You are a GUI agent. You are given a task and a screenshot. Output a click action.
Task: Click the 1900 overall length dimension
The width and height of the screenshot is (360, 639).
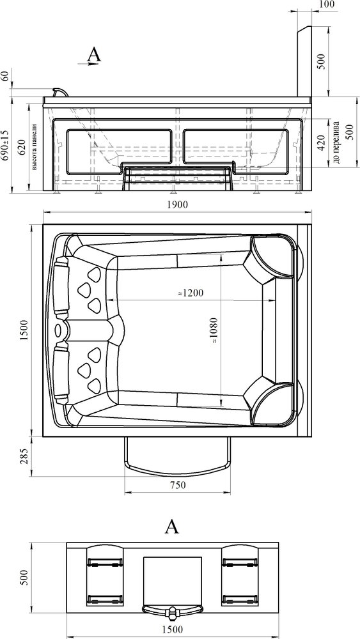(177, 204)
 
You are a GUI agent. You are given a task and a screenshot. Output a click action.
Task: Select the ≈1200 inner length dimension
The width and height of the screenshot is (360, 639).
(191, 293)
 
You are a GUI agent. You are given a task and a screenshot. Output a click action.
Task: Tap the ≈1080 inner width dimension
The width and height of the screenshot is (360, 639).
(215, 331)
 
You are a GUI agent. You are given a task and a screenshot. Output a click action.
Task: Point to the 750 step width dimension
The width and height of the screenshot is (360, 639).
(178, 485)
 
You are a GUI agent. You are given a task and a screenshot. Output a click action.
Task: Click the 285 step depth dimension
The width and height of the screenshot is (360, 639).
(24, 456)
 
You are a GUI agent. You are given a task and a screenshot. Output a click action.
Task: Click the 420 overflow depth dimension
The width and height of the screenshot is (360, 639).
(321, 142)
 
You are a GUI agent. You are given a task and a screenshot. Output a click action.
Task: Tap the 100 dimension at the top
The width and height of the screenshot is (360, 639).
(327, 4)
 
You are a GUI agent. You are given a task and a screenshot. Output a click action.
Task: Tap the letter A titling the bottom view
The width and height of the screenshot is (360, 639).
(171, 527)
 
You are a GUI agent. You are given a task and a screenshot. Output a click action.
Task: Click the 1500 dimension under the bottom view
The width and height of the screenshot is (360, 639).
(171, 629)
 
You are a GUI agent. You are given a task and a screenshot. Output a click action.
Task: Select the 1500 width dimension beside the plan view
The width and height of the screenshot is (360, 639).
(24, 330)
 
